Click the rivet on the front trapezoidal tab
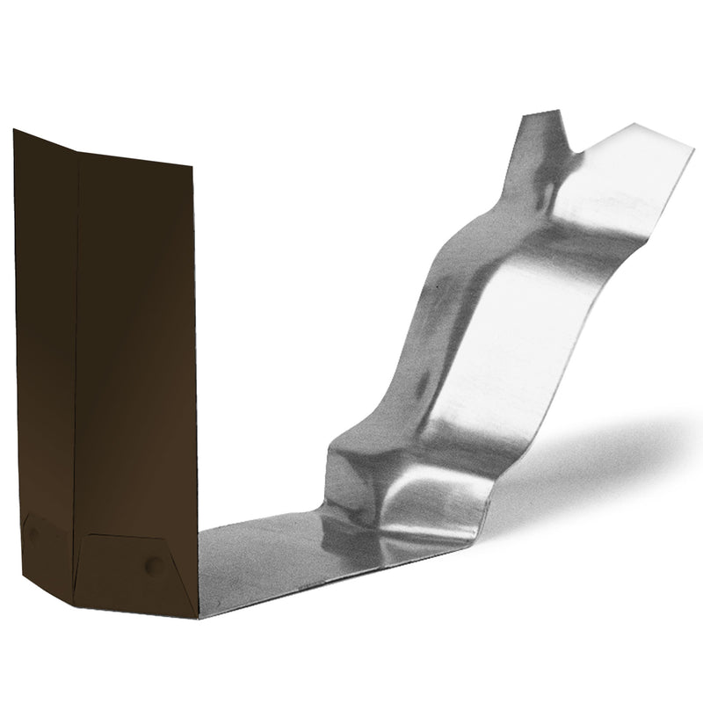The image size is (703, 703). pyautogui.click(x=154, y=566)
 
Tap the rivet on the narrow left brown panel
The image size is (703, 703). pyautogui.click(x=33, y=533)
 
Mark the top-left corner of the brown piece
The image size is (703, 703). pyautogui.click(x=14, y=131)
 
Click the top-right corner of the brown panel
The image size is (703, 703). pyautogui.click(x=192, y=164)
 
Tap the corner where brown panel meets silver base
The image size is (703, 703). pyautogui.click(x=199, y=615)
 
